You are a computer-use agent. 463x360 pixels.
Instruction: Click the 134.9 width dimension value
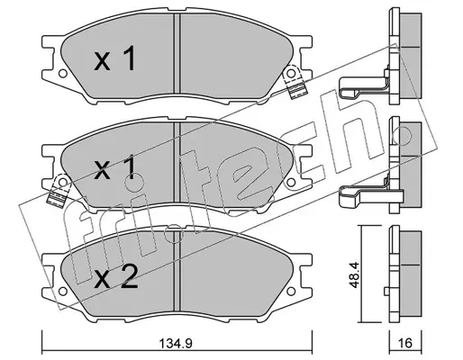click(x=176, y=343)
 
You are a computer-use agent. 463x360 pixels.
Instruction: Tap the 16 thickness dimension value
click(x=405, y=343)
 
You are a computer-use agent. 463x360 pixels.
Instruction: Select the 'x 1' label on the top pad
click(x=115, y=59)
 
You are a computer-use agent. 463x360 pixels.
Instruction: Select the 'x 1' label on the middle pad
click(x=115, y=169)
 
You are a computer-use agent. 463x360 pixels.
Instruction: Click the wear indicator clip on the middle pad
click(x=59, y=190)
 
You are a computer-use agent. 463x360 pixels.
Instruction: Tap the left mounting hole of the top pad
click(x=62, y=73)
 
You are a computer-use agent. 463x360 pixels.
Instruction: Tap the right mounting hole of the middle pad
click(x=291, y=182)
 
